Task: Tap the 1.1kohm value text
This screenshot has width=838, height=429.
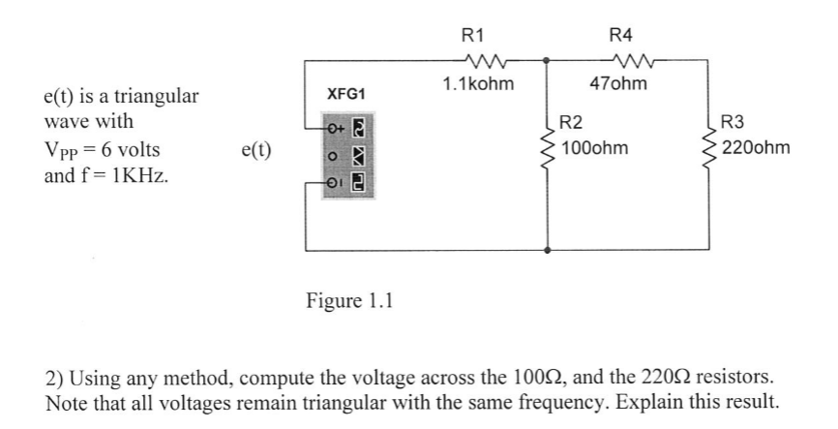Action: (478, 84)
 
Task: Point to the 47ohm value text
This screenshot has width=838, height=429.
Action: (620, 84)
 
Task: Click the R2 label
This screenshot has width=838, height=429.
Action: (572, 123)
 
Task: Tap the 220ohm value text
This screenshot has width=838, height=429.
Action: (756, 148)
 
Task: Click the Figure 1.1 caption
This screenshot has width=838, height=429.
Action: (349, 299)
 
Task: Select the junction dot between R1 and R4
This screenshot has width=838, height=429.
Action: (549, 60)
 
